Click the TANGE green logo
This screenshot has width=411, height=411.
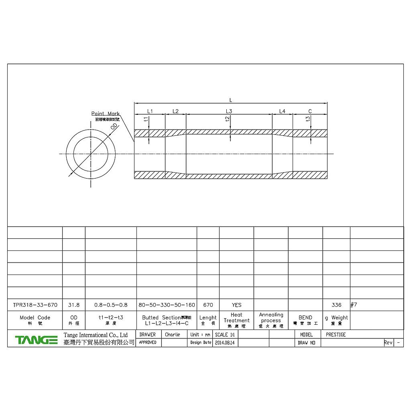pos(36,340)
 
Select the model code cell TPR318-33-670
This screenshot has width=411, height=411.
pos(35,305)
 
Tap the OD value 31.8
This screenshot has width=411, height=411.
pos(74,305)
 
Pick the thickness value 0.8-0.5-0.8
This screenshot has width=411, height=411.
pos(111,305)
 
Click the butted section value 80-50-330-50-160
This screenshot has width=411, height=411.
pos(167,305)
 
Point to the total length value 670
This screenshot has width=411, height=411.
pos(208,305)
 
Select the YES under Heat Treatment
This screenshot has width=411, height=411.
pos(236,305)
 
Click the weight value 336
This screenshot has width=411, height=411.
pos(336,305)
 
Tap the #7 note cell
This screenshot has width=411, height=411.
pos(354,305)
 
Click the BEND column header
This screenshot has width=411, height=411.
pos(305,317)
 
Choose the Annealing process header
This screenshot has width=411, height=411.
pos(271,318)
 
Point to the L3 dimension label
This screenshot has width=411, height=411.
pos(229,111)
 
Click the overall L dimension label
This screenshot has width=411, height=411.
pos(230,100)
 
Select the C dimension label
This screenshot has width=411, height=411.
pos(310,111)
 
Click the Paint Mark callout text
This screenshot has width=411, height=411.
pos(105,114)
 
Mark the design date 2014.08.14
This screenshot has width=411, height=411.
pos(225,343)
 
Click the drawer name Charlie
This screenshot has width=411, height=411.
pos(173,334)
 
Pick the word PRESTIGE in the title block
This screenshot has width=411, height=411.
pos(336,334)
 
